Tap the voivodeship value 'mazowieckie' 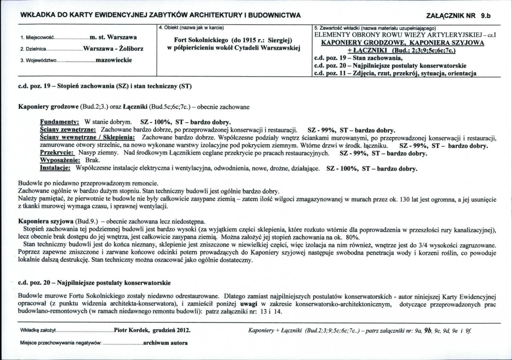(x=114, y=60)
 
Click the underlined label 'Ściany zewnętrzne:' (x=69, y=129)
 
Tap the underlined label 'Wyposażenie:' (x=60, y=160)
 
